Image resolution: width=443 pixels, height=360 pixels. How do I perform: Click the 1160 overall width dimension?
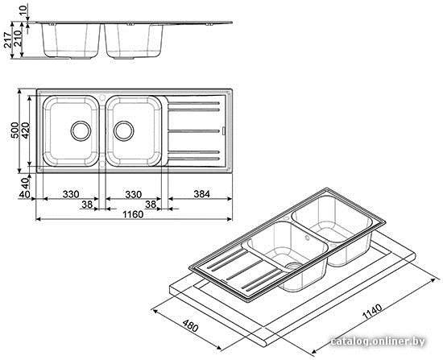(x=133, y=214)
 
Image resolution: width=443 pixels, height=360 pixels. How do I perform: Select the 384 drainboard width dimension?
(x=201, y=194)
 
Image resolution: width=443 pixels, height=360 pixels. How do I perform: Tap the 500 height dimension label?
(x=14, y=130)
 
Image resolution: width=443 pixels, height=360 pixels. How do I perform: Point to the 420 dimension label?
(x=25, y=130)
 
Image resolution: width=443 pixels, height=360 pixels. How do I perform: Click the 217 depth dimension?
(x=7, y=39)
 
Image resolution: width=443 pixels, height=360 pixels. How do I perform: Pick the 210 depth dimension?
(x=18, y=39)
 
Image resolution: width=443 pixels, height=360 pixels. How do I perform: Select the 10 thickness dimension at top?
(x=23, y=10)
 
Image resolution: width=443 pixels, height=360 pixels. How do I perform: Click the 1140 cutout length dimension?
(x=372, y=312)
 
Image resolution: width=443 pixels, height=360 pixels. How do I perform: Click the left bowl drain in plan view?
(x=81, y=131)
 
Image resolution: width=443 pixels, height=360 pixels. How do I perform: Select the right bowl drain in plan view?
(x=124, y=131)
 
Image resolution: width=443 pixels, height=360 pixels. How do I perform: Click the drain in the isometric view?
(x=294, y=266)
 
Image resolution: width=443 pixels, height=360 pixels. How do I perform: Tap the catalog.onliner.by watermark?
(x=378, y=341)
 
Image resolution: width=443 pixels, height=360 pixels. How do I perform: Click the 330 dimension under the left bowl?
(x=71, y=194)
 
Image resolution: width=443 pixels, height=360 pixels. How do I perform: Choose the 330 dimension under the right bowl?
(x=134, y=194)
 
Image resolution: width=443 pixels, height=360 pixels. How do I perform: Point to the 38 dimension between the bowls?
(x=87, y=205)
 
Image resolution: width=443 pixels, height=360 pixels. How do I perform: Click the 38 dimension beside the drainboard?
(x=151, y=205)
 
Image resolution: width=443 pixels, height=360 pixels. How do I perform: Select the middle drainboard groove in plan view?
(x=194, y=131)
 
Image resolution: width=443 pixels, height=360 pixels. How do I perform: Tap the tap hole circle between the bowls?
(x=102, y=97)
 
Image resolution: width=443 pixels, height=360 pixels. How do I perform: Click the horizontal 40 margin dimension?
(x=24, y=194)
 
